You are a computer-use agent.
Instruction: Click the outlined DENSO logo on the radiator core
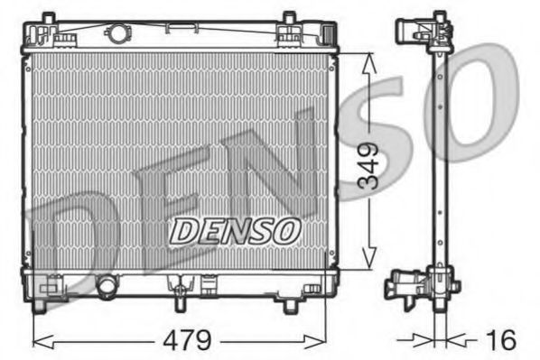pyautogui.click(x=235, y=231)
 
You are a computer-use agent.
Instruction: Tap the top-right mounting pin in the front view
pyautogui.click(x=288, y=18)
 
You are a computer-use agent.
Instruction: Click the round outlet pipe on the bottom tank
pyautogui.click(x=107, y=288)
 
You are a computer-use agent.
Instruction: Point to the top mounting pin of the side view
pyautogui.click(x=439, y=16)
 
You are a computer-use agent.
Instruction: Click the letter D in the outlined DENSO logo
pyautogui.click(x=183, y=231)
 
